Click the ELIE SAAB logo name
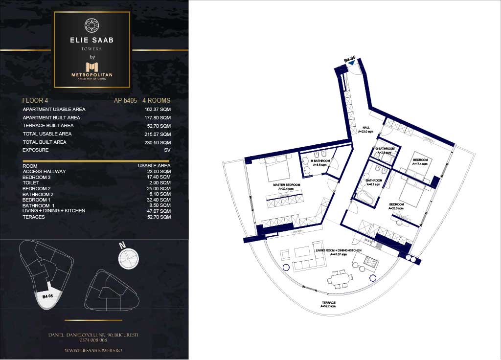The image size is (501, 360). tap(92, 40)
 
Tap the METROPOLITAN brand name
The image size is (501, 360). tap(92, 74)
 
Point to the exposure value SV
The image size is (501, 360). tap(167, 150)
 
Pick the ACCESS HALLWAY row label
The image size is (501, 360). tap(44, 172)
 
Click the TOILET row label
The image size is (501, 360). tap(30, 183)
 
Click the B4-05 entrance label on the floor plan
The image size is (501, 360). tap(349, 60)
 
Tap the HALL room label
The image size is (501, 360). tap(365, 129)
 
